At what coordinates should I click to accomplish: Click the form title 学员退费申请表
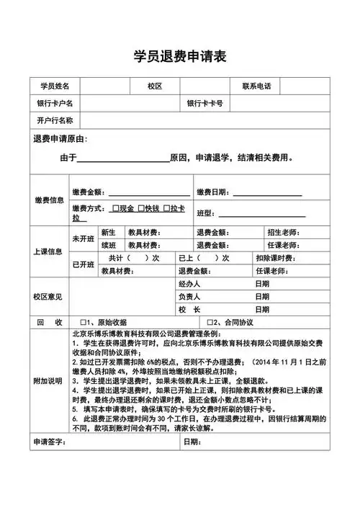click(x=180, y=56)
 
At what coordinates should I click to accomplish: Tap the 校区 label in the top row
click(x=155, y=86)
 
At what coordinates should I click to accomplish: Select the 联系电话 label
click(x=256, y=86)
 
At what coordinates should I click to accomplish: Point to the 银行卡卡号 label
click(x=204, y=103)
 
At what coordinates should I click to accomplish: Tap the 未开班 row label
click(x=83, y=238)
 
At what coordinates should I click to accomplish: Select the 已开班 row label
click(x=83, y=264)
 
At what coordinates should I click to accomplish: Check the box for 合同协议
click(x=210, y=321)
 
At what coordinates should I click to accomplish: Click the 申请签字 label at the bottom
click(x=50, y=440)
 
